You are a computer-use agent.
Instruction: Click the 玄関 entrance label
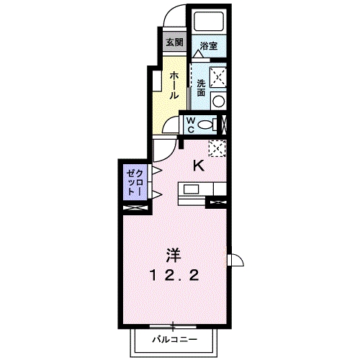174,42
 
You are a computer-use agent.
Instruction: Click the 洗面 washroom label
201,88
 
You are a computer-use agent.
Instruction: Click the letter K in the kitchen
198,165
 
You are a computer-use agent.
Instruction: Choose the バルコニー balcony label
173,338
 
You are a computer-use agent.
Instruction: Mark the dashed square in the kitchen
217,148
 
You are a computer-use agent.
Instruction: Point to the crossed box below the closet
135,209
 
